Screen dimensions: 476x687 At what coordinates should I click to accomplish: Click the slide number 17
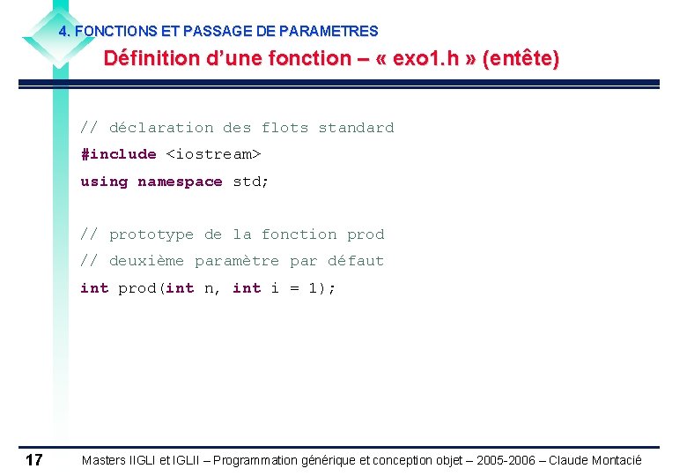pos(34,459)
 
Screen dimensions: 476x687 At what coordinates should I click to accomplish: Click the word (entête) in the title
pos(519,59)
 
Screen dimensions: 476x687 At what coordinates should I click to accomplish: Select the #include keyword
pos(118,154)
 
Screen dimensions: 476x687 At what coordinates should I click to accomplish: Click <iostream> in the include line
pos(214,154)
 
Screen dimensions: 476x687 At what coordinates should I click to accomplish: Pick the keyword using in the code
pos(104,182)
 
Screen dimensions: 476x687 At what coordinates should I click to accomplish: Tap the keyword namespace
pos(180,182)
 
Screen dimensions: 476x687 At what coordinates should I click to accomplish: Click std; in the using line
pos(251,182)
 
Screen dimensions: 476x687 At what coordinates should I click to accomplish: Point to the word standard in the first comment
pos(356,128)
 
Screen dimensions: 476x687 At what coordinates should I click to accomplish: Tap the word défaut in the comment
pos(356,261)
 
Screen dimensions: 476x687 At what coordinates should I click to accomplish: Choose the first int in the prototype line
pos(94,288)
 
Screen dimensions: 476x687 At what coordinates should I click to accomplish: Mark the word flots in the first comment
pos(284,128)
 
